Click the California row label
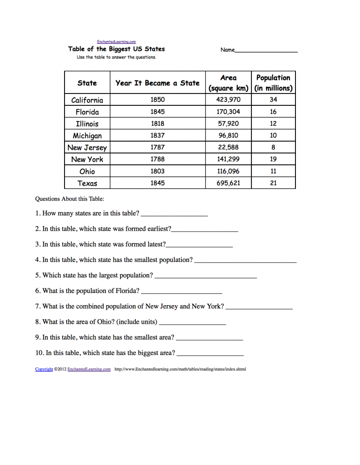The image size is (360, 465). [87, 100]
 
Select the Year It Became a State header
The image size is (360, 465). [157, 83]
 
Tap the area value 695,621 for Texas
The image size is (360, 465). [228, 183]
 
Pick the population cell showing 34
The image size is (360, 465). [273, 99]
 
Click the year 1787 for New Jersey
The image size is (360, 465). [157, 147]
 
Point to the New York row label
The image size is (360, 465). [87, 159]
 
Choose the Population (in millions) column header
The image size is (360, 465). [273, 83]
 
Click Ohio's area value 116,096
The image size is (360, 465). [228, 171]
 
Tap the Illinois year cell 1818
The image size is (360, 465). [157, 124]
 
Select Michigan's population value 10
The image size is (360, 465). [273, 135]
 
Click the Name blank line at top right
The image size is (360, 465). [266, 51]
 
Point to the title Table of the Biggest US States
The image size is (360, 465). [116, 49]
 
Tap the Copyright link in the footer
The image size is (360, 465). [44, 369]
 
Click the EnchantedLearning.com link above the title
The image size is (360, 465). [116, 42]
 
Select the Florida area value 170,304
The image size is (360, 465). [228, 112]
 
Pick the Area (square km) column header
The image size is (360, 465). [228, 83]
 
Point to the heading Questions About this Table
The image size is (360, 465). [70, 198]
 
